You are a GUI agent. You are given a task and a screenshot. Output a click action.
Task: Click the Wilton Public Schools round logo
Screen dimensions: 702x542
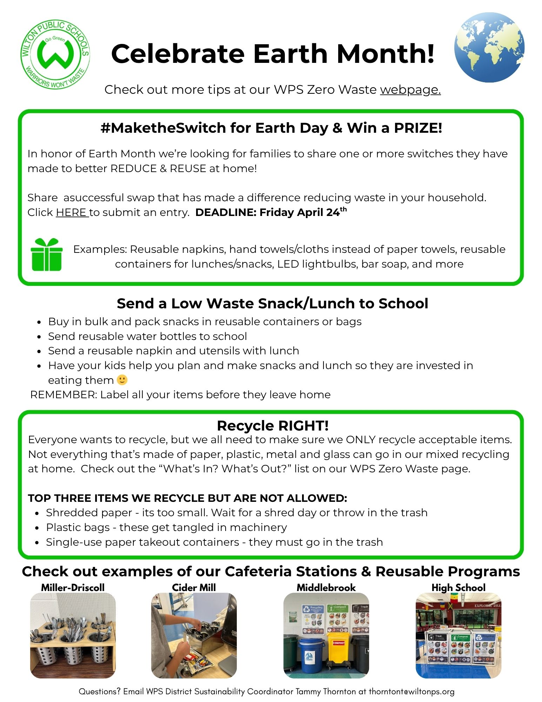55,54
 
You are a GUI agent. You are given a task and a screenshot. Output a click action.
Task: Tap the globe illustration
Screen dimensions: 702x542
489,47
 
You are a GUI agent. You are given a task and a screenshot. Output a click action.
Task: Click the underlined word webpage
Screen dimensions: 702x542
410,90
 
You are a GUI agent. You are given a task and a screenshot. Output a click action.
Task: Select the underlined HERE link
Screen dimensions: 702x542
72,212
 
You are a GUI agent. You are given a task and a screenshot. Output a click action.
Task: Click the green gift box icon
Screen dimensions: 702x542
47,255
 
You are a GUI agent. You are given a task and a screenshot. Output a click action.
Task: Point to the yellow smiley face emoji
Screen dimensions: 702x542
122,380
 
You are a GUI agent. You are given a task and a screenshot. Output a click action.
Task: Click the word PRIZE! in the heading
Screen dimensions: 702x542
418,128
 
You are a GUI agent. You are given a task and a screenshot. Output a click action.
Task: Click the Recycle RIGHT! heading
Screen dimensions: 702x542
273,426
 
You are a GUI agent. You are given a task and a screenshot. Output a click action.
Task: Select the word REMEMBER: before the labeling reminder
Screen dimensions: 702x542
63,395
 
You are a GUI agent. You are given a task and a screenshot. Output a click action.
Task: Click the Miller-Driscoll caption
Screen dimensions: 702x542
73,588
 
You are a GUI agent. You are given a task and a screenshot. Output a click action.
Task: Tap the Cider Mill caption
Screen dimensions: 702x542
194,588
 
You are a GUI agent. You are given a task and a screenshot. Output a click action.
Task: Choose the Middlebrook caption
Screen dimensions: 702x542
326,588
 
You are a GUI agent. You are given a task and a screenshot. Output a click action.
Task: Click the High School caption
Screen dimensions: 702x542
458,588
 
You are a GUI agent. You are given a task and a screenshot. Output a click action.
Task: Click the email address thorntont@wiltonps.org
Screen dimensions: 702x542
411,692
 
